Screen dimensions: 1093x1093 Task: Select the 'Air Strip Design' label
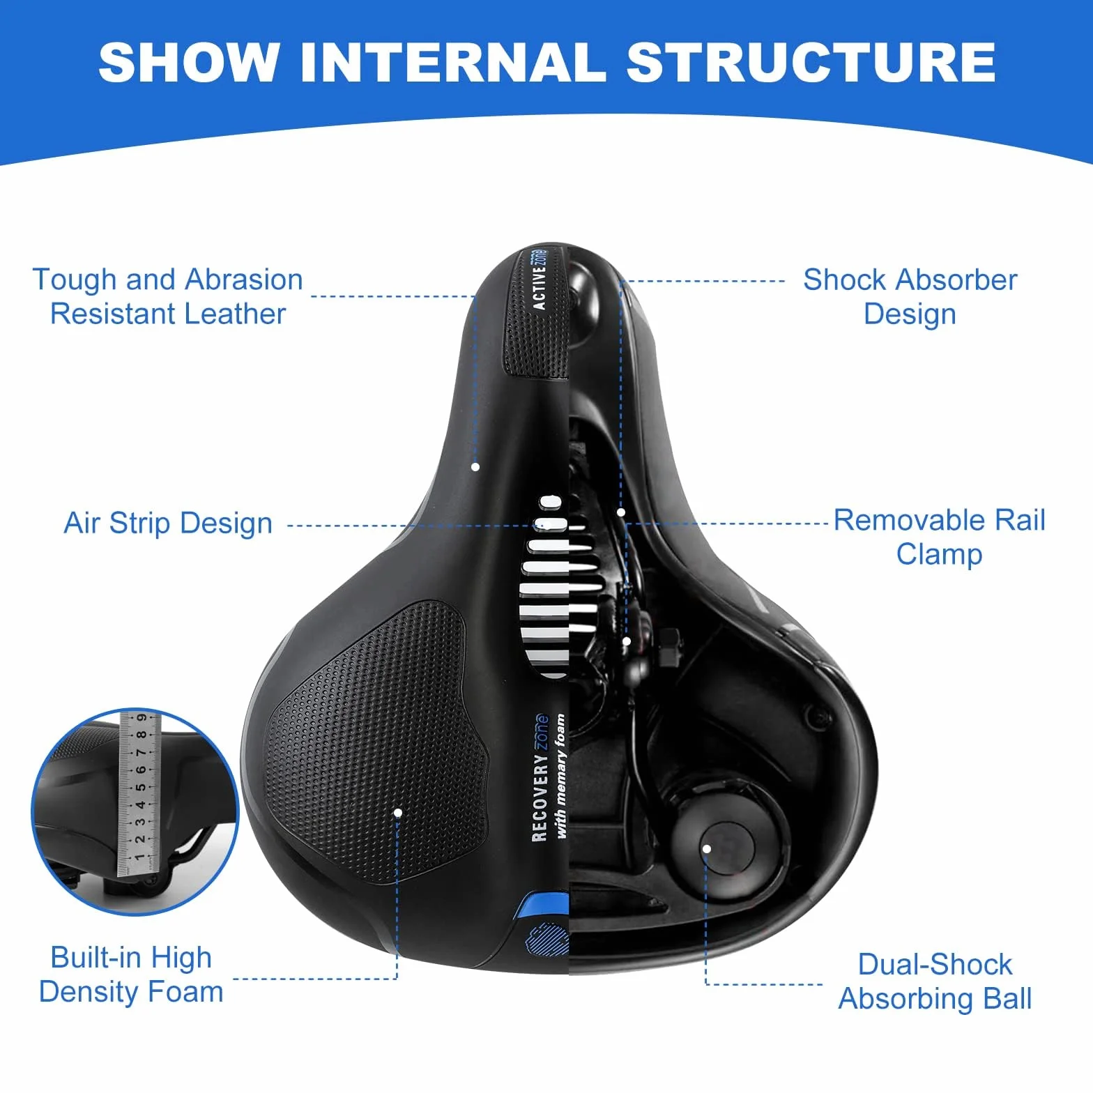coord(168,523)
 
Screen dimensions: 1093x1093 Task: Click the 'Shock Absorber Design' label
coord(910,296)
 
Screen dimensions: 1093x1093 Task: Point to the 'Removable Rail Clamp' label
coord(940,537)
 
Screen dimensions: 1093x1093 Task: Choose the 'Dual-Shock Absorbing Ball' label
coord(935,981)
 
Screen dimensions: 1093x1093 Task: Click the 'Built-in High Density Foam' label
coord(131,974)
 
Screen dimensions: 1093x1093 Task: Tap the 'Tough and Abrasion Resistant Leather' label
coord(168,296)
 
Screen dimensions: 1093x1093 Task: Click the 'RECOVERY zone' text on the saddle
coord(540,777)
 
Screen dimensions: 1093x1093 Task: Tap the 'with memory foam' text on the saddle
coord(560,776)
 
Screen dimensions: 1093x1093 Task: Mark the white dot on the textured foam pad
coord(398,812)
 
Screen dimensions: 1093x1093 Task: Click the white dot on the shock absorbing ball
coord(707,848)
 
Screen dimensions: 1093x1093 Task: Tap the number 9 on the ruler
coord(142,717)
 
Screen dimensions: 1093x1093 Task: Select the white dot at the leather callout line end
coord(476,466)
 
